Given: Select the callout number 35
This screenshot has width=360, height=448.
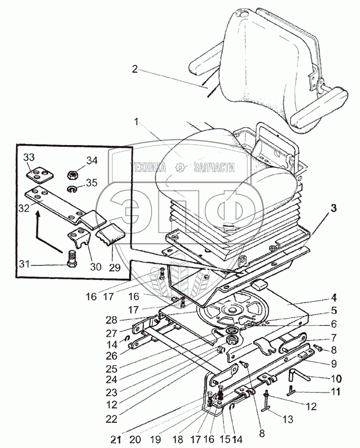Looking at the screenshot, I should pos(90,182).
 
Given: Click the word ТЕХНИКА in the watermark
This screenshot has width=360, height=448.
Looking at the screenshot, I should pos(151,167).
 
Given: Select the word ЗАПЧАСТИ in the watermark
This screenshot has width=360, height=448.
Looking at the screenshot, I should pos(214,167).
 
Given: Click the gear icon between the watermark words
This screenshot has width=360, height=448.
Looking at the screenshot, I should pos(180,167).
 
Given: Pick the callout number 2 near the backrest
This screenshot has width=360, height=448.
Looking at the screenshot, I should pos(135,69).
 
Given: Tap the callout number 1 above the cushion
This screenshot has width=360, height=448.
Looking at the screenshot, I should pos(135,121).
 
